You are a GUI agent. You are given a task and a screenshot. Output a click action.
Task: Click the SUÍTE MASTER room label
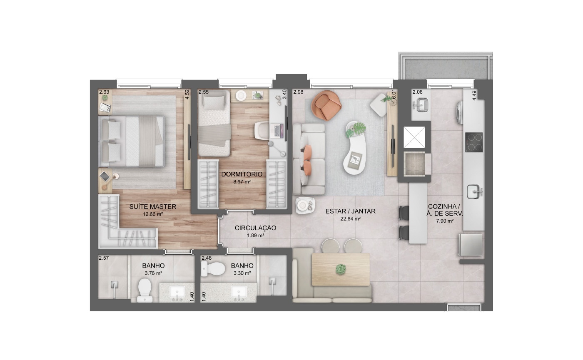tap(153, 207)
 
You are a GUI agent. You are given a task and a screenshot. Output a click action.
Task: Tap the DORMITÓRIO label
tap(242, 174)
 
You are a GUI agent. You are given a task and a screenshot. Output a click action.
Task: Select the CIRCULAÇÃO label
tap(255, 228)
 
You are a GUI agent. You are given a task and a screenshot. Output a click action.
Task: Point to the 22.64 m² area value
tap(350, 219)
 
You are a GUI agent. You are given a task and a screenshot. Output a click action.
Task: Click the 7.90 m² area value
tap(445, 221)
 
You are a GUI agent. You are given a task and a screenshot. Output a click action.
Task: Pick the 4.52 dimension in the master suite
tap(187, 94)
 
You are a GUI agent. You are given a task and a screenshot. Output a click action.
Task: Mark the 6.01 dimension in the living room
tap(394, 94)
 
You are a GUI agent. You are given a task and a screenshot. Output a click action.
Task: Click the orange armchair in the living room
tap(326, 105)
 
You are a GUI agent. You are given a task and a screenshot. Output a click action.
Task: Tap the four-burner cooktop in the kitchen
tap(474, 142)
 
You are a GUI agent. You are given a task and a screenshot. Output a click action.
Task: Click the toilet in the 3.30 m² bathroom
tap(213, 269)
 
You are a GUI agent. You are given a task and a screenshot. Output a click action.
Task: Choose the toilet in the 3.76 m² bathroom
tap(145, 290)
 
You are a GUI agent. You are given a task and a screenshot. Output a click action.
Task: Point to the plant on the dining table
tap(341, 269)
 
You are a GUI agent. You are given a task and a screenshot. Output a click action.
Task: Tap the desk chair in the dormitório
tap(262, 130)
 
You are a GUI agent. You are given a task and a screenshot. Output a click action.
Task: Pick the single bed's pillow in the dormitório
tap(214, 102)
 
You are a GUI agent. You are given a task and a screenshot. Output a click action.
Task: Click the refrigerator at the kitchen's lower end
tap(470, 245)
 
